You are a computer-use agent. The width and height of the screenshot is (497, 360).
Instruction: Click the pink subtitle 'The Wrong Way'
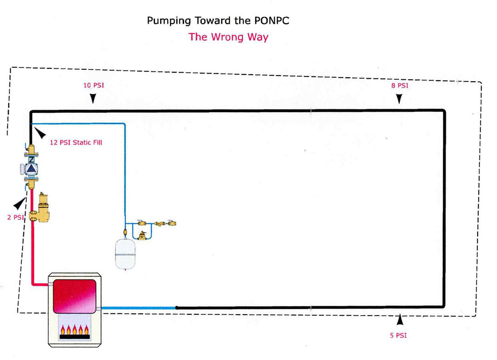click(228, 37)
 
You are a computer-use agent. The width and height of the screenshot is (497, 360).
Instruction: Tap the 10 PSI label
click(93, 86)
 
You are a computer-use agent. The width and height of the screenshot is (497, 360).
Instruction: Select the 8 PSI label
click(399, 86)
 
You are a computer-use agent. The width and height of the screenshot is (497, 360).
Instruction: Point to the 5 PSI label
click(399, 335)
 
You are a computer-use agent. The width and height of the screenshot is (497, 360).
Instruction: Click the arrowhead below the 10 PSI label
click(93, 98)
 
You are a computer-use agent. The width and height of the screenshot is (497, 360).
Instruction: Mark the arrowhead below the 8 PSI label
click(399, 98)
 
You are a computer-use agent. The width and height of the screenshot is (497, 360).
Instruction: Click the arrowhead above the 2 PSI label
click(20, 204)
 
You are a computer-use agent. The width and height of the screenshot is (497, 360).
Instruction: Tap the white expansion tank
click(125, 255)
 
